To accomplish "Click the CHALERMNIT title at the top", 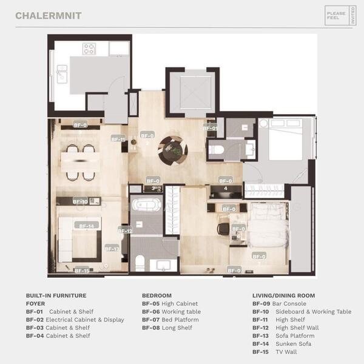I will pos(49,15).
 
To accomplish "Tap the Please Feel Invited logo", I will pos(340,15).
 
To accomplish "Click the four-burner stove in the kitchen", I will pos(89,49).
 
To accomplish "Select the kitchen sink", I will pos(62,73).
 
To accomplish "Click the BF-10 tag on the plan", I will pos(80,201).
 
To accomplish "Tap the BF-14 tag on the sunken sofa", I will pos(86,226).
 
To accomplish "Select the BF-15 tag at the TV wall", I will pos(82,271).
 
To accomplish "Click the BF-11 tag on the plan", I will pos(118,139).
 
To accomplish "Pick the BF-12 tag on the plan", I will pos(125,231).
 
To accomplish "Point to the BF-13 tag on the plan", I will pos(112,248).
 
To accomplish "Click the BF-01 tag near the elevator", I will pos(210,129).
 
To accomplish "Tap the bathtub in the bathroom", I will pos(148,204).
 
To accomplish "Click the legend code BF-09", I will pos(260,303).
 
